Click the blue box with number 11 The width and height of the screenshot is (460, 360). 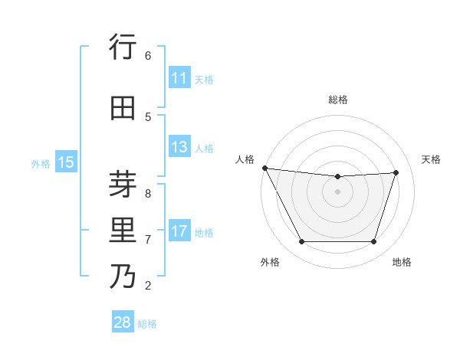(x=179, y=78)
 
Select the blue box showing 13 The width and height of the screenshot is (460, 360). (x=179, y=147)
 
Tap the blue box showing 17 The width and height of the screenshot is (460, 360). (x=179, y=231)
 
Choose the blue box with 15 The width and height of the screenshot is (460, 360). (x=66, y=162)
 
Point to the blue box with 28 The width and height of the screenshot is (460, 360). (x=123, y=322)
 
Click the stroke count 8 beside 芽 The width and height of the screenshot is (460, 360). (x=148, y=185)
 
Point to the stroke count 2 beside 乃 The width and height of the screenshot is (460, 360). (x=148, y=286)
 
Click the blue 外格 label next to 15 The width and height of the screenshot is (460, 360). (x=41, y=163)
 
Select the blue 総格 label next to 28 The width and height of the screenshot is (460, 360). (x=147, y=324)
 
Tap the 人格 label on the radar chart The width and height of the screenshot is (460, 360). (x=245, y=159)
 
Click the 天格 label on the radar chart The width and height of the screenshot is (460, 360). (x=431, y=159)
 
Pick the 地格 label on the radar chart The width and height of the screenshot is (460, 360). (x=402, y=262)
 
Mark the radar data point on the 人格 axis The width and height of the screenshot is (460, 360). (x=264, y=168)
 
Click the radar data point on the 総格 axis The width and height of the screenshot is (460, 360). (x=337, y=177)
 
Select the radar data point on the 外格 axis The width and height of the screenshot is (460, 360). (x=301, y=242)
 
